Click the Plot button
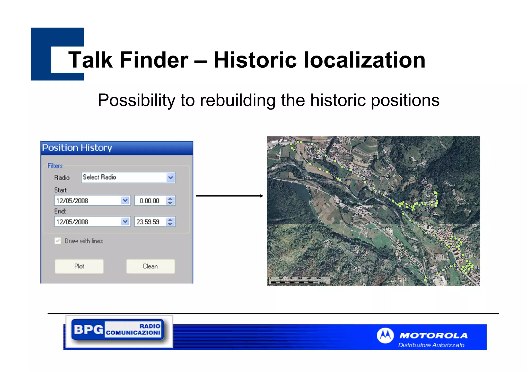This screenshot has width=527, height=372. tap(79, 266)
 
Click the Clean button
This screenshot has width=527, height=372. tap(150, 266)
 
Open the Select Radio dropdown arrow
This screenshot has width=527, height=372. tap(171, 177)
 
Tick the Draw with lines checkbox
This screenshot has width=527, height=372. tap(58, 241)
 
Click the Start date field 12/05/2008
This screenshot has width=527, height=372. tap(87, 201)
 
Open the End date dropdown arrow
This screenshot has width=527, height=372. tap(125, 221)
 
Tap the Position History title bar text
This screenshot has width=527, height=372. tap(77, 148)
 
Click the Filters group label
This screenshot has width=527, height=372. tap(55, 166)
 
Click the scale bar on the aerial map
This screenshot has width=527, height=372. tap(298, 280)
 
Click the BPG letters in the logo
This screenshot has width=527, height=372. tap(88, 329)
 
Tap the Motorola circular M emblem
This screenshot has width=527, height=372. tap(385, 335)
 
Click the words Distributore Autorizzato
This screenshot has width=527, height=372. tap(431, 345)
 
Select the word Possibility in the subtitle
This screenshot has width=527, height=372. tap(136, 100)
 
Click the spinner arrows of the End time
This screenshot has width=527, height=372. tap(170, 222)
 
